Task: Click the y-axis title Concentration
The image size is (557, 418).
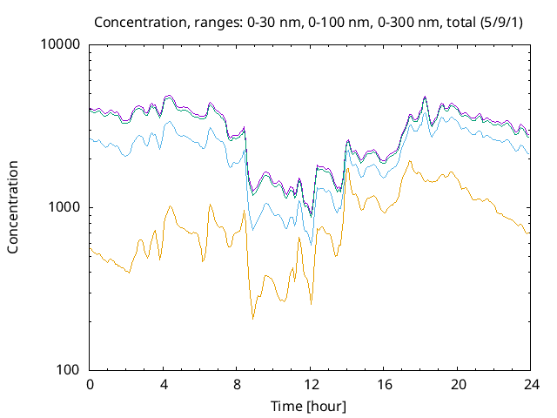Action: coord(13,207)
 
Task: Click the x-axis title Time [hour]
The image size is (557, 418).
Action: coord(310,406)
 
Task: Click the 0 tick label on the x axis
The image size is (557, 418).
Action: coord(90,384)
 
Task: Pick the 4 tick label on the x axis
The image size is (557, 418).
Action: coord(164,384)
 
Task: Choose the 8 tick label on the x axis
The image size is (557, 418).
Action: coord(237,384)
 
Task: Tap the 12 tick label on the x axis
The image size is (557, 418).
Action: coord(310,384)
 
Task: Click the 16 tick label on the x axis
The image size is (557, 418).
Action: coord(384,384)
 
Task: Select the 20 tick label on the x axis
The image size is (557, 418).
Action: coord(457,384)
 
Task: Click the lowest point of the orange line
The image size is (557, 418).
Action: coord(253,319)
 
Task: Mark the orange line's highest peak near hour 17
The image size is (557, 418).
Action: coord(409,161)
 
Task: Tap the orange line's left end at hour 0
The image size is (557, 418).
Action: coord(91,247)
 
